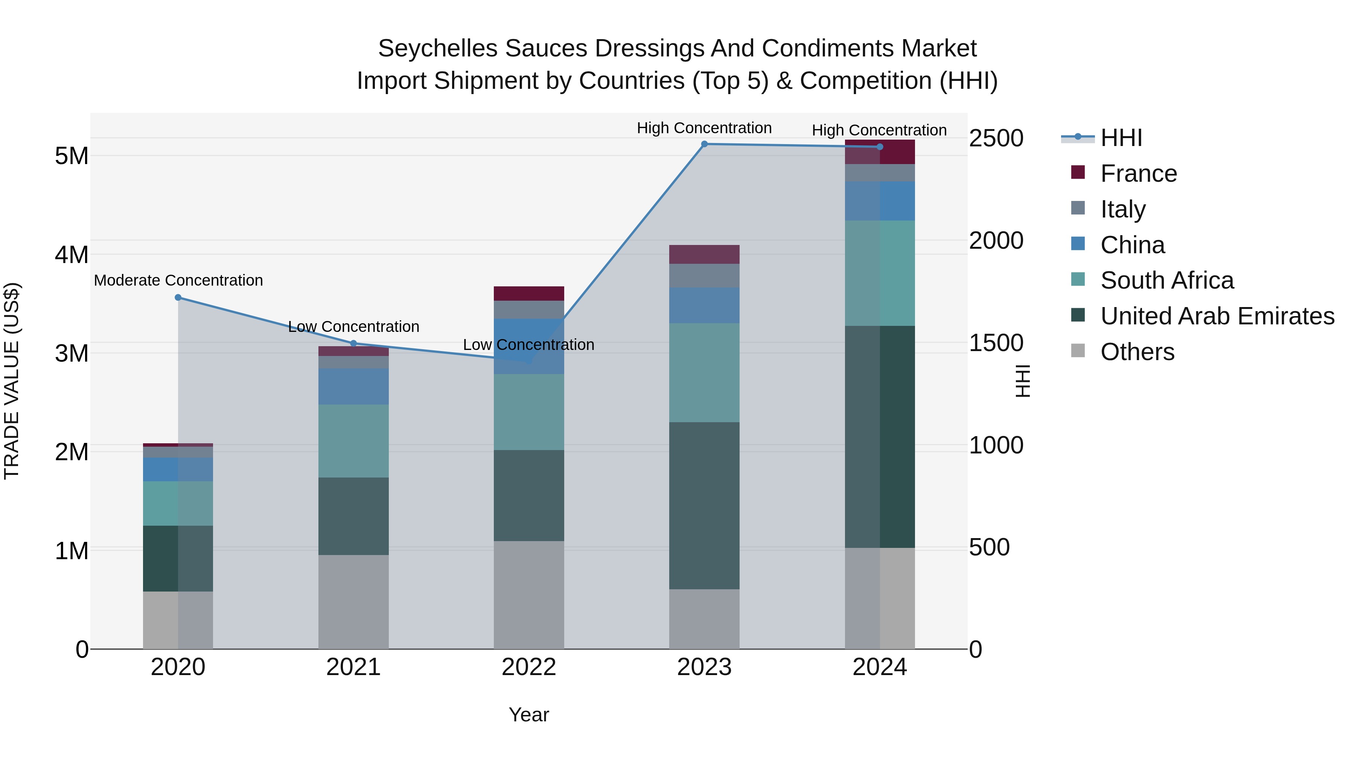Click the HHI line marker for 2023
[x=704, y=144]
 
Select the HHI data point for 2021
[x=353, y=344]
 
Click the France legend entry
[x=1138, y=173]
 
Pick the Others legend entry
[x=1137, y=352]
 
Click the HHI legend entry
[x=1121, y=138]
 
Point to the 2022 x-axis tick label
[x=529, y=667]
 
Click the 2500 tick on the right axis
[x=996, y=138]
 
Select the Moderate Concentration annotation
[x=178, y=280]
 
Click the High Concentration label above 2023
[x=704, y=128]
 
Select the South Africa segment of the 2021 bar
[x=353, y=441]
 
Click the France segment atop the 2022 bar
[x=529, y=294]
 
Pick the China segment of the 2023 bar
[x=704, y=305]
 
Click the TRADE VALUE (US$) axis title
[x=12, y=381]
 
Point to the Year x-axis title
[x=529, y=715]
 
